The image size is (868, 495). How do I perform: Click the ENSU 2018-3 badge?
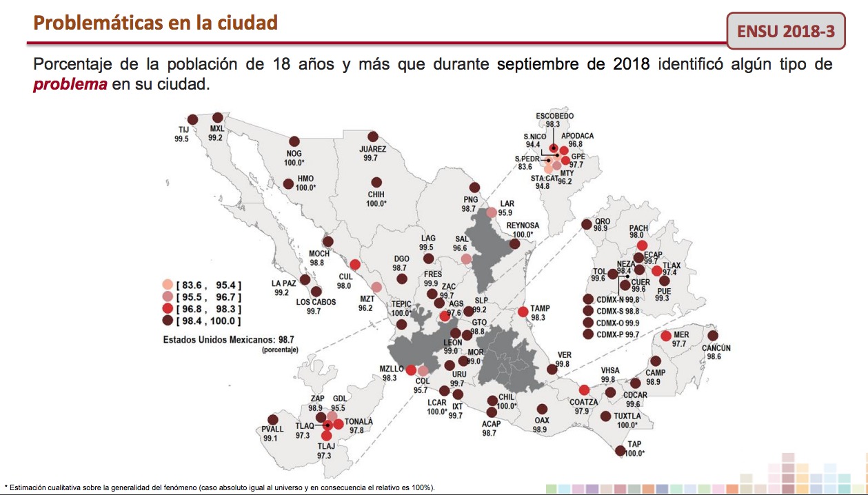click(786, 31)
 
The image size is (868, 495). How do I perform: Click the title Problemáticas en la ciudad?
click(155, 23)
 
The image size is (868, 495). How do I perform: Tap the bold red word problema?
click(70, 84)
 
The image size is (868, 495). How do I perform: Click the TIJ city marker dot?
click(192, 119)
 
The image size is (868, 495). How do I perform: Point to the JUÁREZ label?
click(372, 149)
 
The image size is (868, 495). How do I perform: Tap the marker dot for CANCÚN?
click(713, 336)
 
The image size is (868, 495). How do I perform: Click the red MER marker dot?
click(666, 336)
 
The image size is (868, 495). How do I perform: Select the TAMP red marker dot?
click(523, 312)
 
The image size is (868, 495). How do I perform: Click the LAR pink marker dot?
click(492, 212)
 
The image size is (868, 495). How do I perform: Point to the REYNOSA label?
click(523, 225)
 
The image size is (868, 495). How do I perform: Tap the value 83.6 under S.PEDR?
click(525, 167)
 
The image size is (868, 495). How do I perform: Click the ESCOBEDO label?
click(554, 116)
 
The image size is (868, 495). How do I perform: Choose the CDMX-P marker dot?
click(588, 334)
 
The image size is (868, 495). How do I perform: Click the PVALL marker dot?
click(273, 419)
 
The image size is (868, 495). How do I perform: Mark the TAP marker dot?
click(620, 450)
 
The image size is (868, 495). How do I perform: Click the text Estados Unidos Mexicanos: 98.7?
click(229, 340)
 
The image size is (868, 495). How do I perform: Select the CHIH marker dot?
click(376, 182)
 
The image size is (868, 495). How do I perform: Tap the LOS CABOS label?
click(316, 302)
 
